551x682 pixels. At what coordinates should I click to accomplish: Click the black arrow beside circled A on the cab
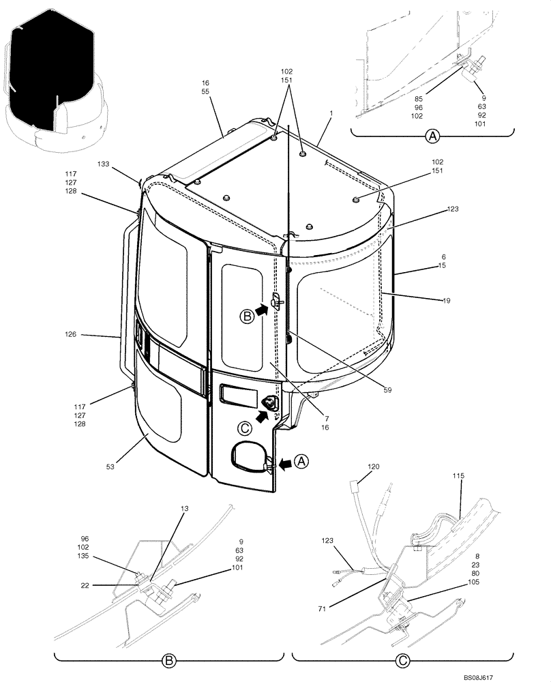click(289, 464)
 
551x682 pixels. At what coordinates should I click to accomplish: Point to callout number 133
click(104, 164)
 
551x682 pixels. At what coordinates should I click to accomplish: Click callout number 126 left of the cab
click(89, 335)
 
